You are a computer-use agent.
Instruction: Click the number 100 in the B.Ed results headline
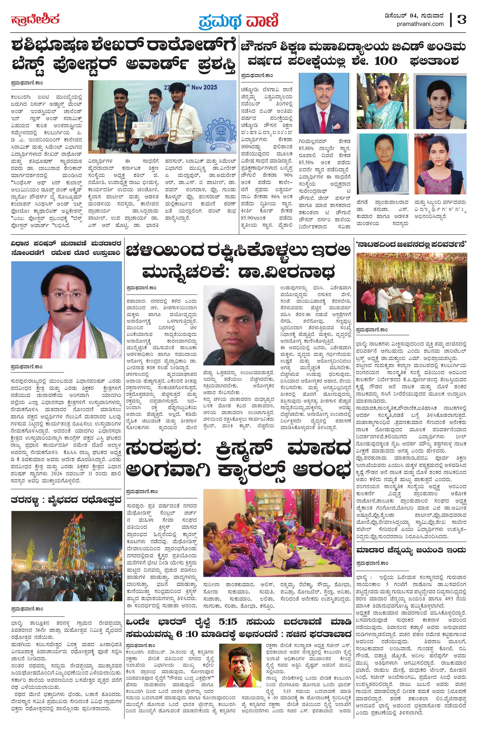pos(386,61)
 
